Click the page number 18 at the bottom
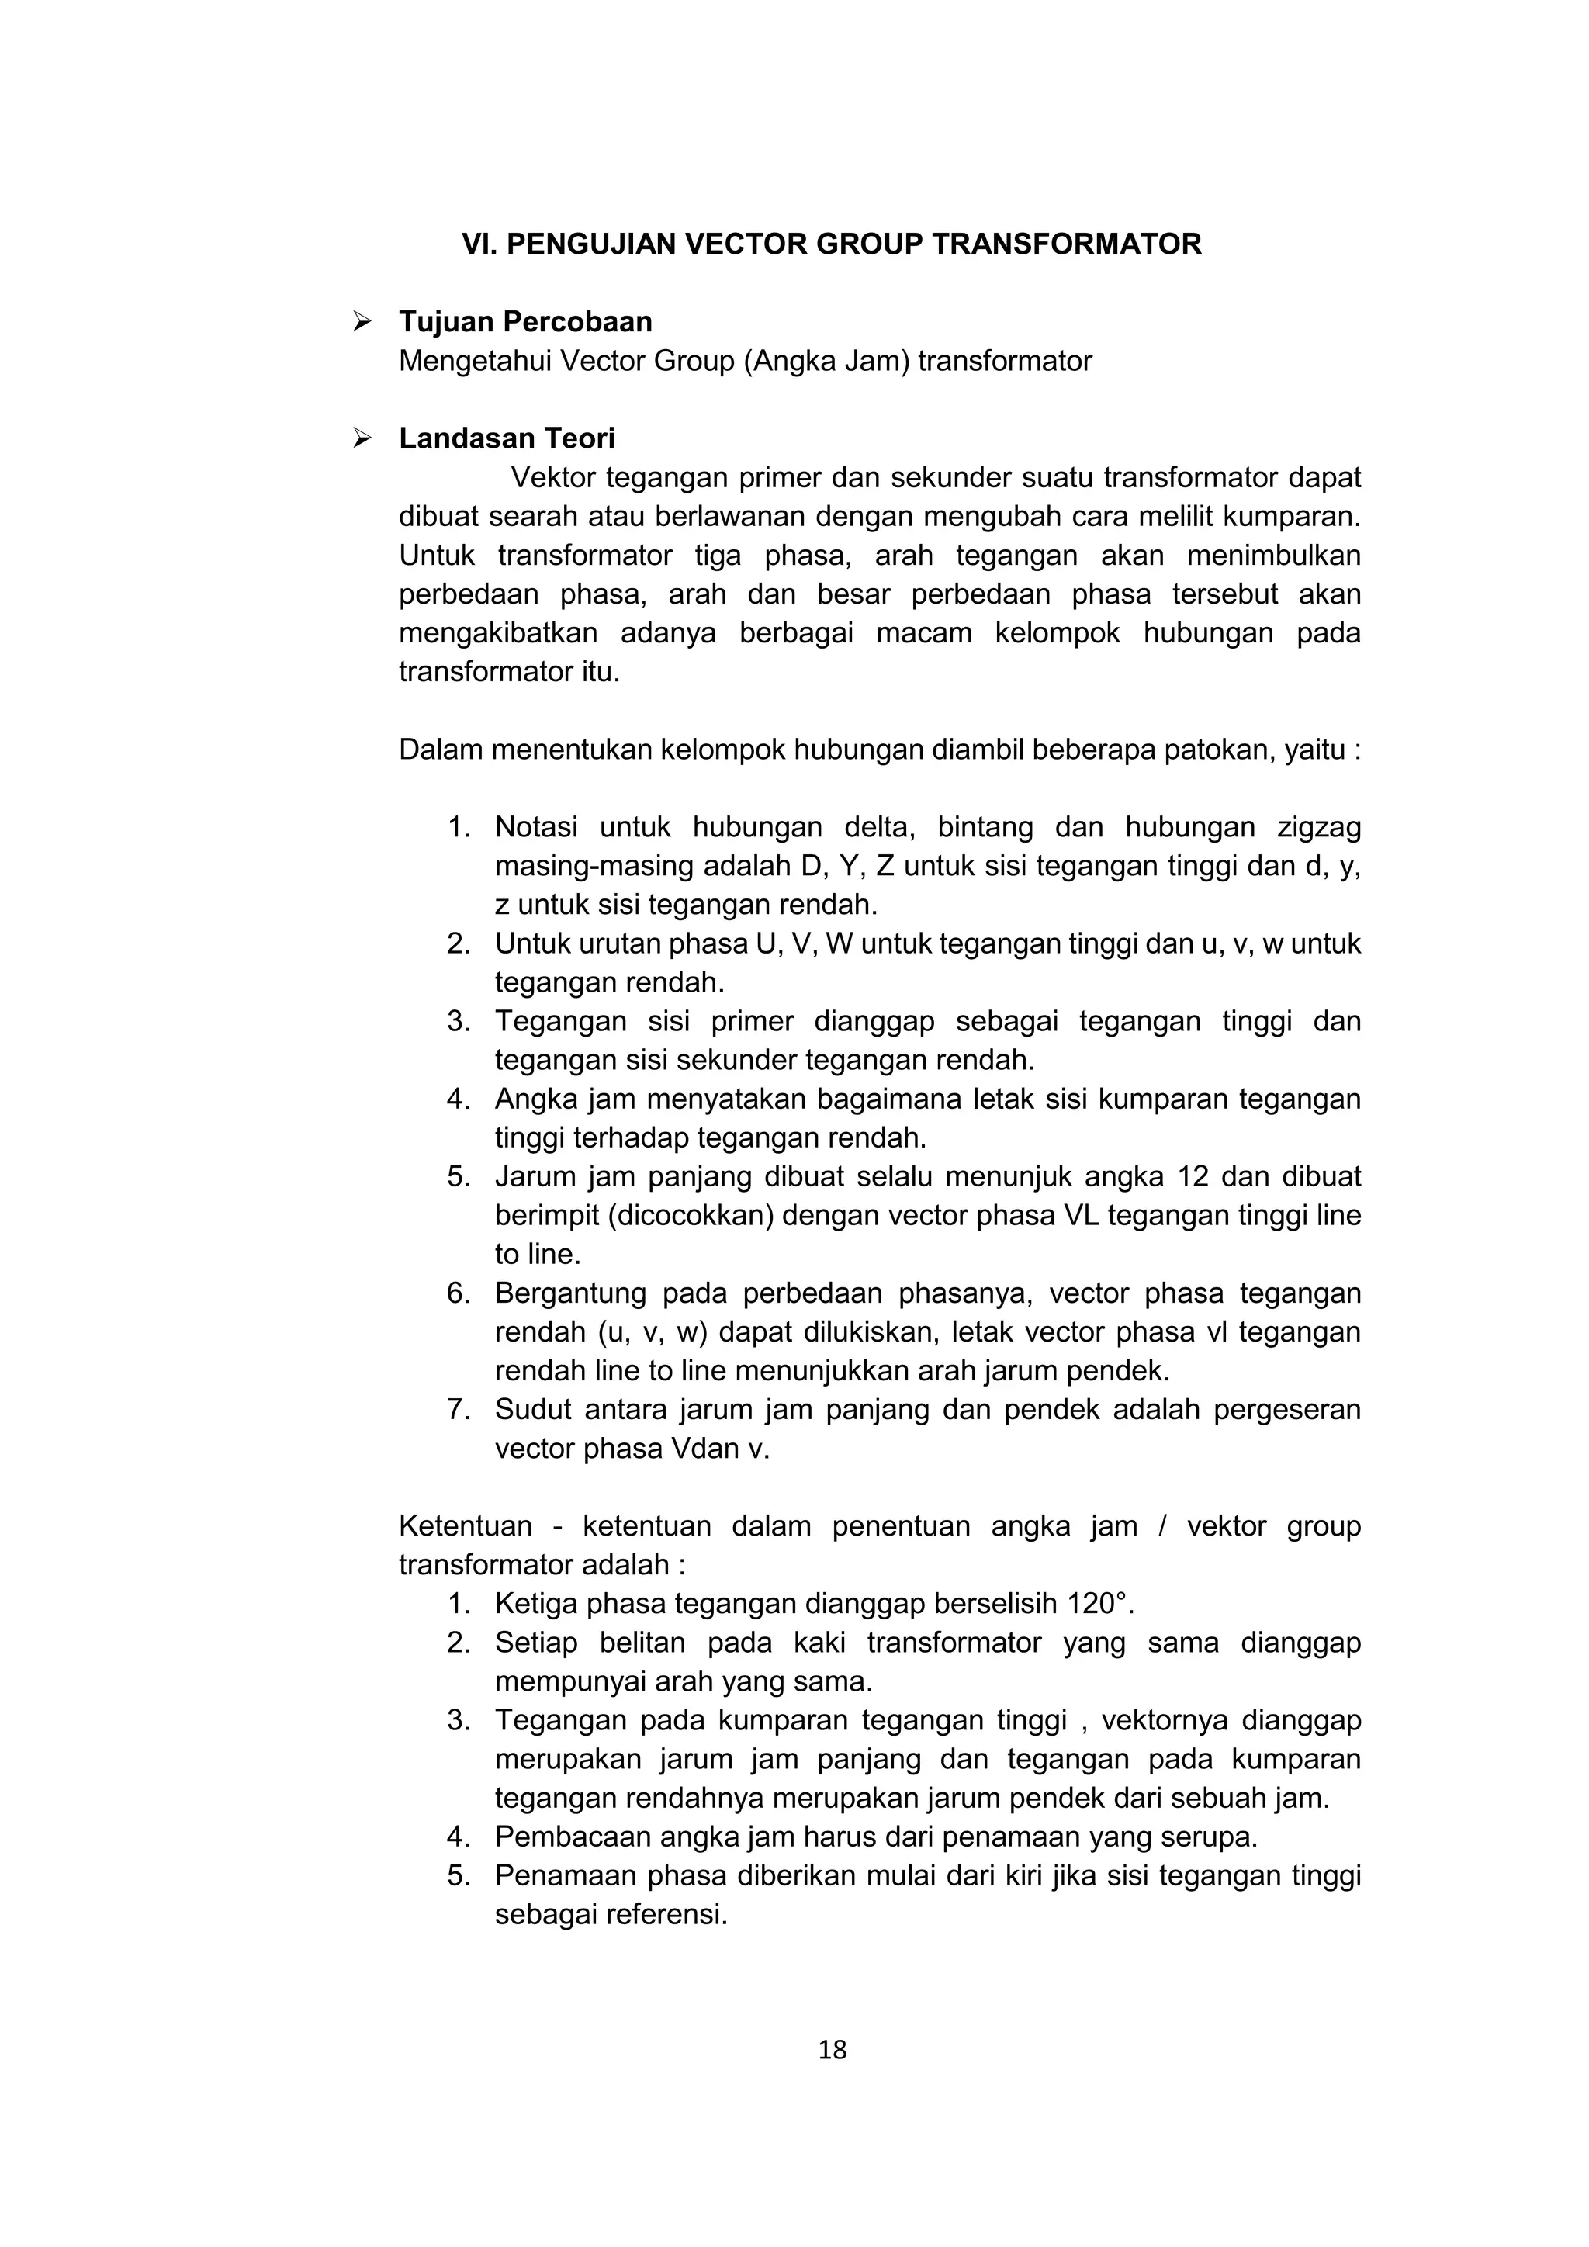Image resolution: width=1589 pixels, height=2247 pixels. click(x=832, y=2049)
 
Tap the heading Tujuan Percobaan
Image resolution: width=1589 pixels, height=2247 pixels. click(x=524, y=322)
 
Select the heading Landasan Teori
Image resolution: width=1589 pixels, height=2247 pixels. click(x=506, y=438)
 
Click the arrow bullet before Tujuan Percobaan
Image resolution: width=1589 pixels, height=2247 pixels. click(x=362, y=321)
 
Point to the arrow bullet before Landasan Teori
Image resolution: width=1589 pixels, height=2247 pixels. click(x=362, y=438)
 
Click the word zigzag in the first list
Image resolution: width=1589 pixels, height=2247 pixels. click(x=1318, y=827)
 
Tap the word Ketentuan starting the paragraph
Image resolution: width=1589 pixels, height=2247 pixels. click(x=465, y=1527)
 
